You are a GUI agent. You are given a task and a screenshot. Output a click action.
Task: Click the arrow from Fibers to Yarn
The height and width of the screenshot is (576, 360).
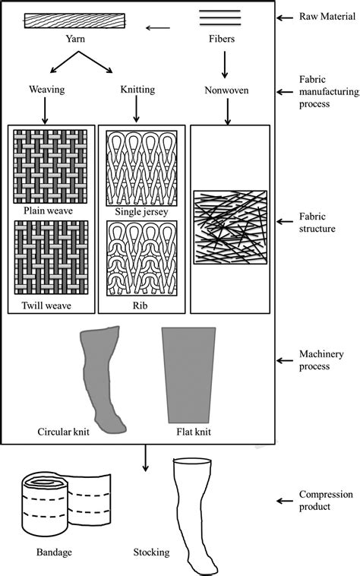[158, 30]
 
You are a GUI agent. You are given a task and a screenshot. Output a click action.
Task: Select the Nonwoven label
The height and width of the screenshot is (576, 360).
[226, 90]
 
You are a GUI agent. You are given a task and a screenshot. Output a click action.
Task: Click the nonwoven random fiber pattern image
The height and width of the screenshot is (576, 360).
[229, 226]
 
